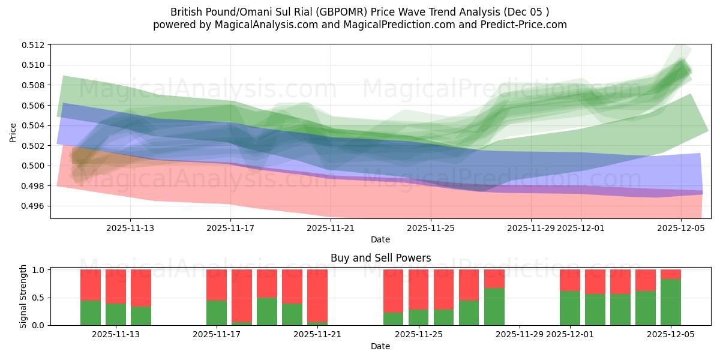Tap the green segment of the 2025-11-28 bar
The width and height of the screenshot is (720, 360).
[x=494, y=307]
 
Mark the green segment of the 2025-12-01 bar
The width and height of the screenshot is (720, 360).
[x=570, y=308]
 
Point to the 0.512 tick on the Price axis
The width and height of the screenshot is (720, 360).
[x=37, y=45]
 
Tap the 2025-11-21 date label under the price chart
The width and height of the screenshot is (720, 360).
[x=331, y=228]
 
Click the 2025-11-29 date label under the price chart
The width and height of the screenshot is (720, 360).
[x=531, y=228]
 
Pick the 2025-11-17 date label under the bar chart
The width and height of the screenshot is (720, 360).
[x=217, y=334]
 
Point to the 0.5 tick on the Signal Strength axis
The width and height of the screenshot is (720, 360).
[x=40, y=298]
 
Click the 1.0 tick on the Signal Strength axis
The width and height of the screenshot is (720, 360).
[x=40, y=270]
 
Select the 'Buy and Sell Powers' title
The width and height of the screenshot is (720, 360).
[x=380, y=258]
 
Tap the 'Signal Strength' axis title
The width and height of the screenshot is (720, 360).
[x=23, y=296]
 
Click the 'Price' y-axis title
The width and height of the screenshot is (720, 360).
[x=13, y=132]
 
